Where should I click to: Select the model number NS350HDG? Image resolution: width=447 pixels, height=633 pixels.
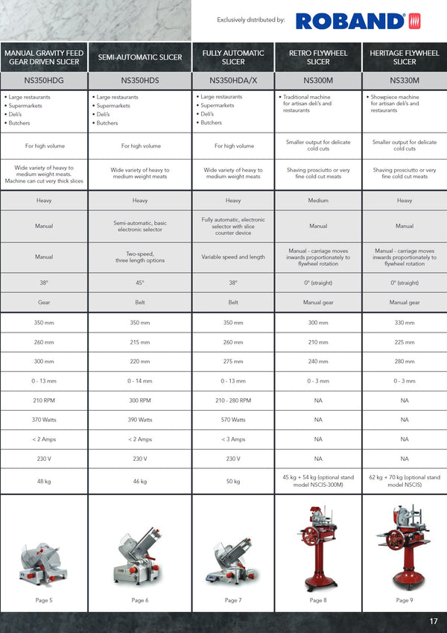(44, 81)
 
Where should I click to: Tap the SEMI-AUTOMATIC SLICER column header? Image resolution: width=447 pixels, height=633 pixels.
(140, 57)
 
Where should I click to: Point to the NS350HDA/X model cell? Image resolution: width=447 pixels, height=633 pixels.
(233, 81)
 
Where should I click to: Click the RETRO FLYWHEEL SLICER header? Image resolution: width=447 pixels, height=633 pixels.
(318, 57)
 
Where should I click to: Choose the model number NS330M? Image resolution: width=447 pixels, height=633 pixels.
(405, 81)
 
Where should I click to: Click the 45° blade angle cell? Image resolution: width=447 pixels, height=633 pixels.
(140, 283)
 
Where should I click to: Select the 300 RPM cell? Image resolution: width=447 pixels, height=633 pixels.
(140, 400)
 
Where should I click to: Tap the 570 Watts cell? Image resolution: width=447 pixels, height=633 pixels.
(233, 420)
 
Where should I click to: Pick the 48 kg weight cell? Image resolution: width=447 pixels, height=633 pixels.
(44, 482)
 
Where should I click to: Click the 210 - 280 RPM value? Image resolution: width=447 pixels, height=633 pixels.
(233, 400)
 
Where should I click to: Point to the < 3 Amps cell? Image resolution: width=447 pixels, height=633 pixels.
(233, 439)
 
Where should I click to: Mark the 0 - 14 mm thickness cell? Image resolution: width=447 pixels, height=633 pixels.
(140, 381)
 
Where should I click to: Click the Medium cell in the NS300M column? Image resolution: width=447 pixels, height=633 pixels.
(318, 201)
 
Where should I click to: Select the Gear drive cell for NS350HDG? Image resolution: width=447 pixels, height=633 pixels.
(44, 303)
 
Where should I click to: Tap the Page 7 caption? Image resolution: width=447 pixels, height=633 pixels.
(233, 600)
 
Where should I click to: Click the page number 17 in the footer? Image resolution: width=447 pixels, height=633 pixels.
(434, 621)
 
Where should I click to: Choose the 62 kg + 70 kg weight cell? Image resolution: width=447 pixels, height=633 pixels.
(405, 481)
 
